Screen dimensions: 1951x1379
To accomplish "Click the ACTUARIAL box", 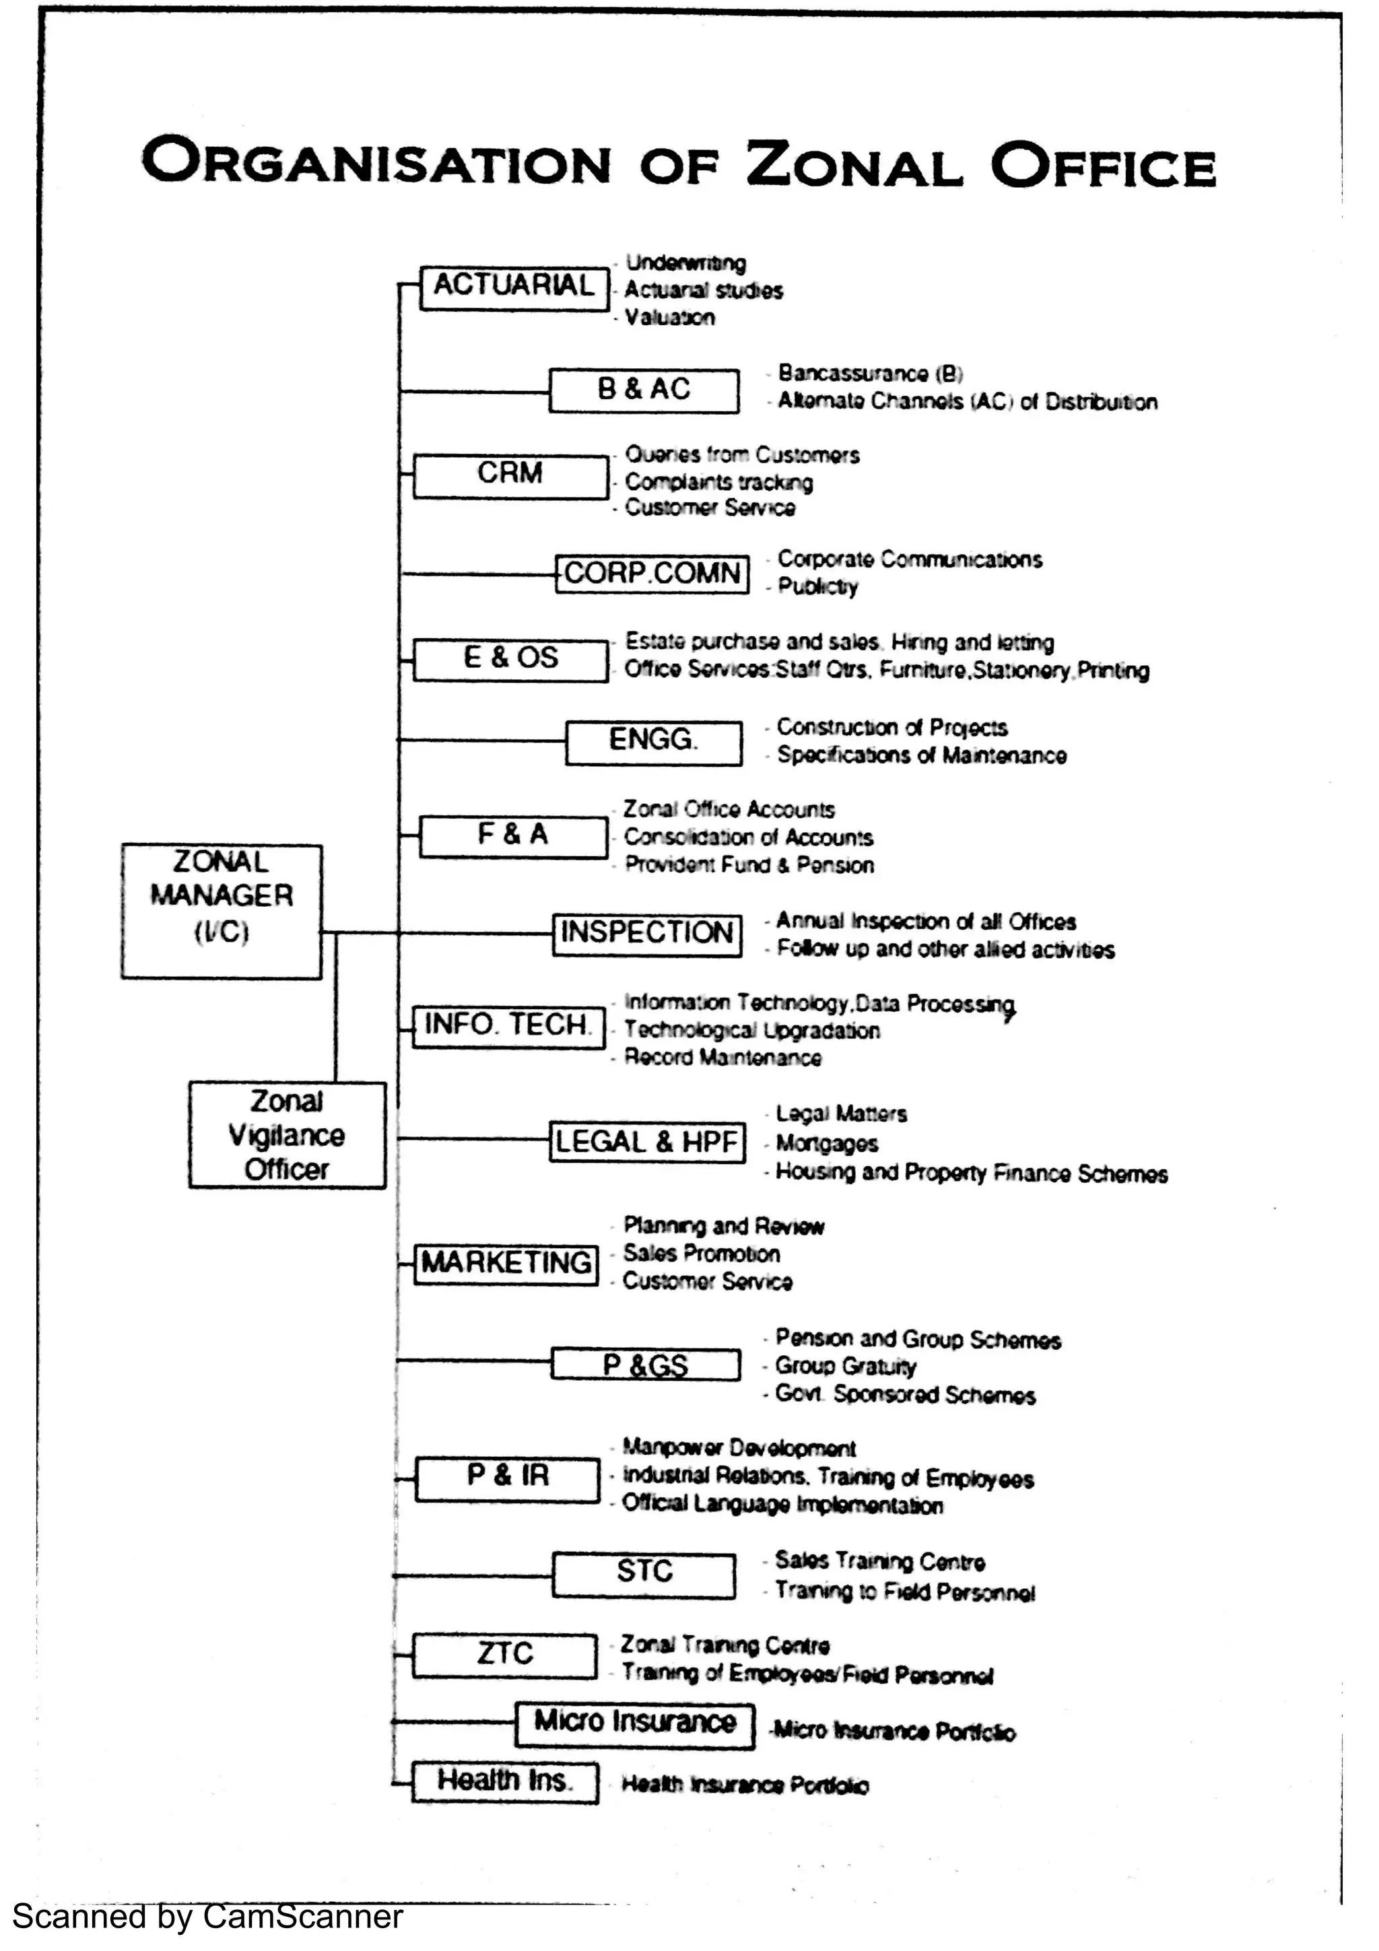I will (514, 287).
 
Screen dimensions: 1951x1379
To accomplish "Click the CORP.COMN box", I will (652, 574).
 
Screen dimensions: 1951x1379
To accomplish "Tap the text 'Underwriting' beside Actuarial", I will (685, 263).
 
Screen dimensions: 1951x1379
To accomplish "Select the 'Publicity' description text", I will (817, 586).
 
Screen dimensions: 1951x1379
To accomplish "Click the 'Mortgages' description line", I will (826, 1143).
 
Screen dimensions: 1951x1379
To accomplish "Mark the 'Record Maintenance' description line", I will (723, 1058).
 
